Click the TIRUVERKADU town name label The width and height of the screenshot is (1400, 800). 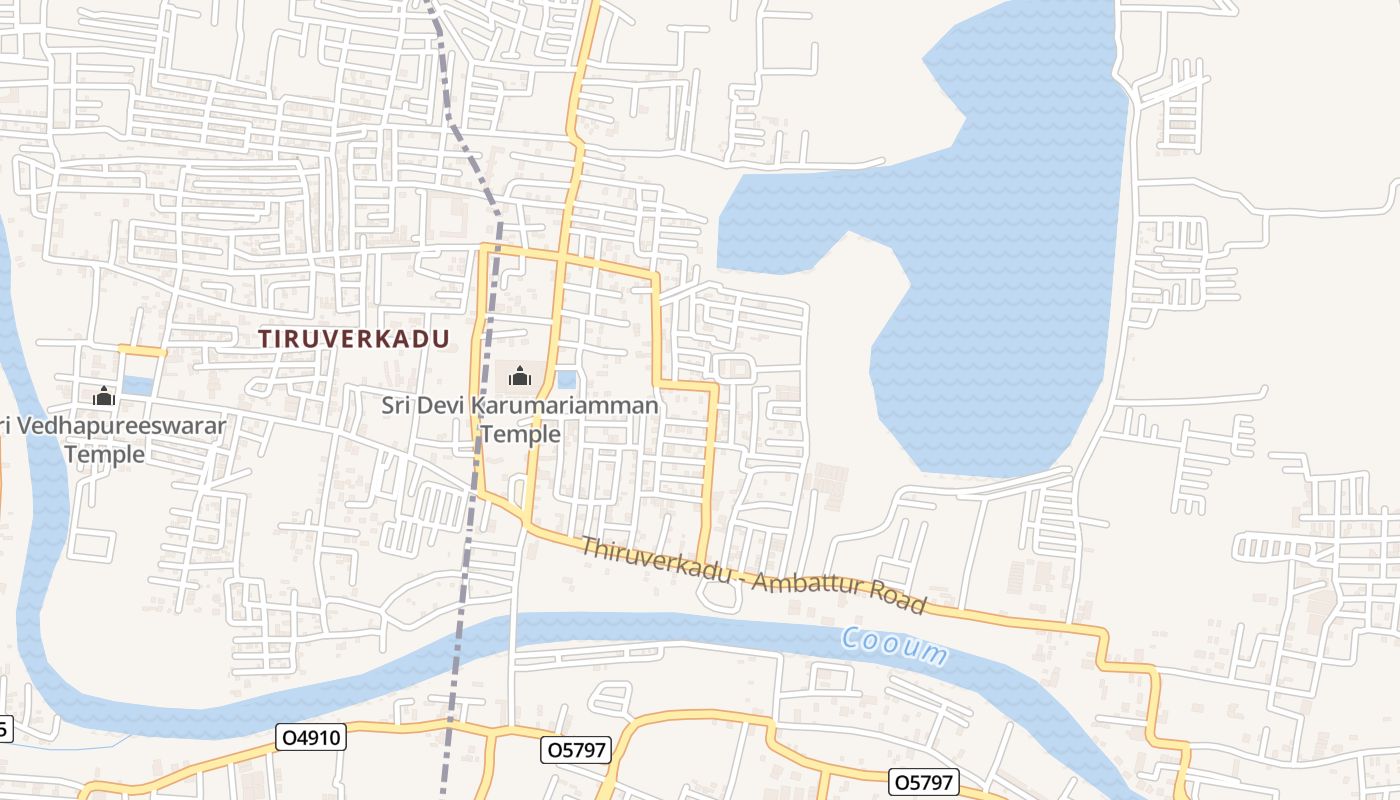354,339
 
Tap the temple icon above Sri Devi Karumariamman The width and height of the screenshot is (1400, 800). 520,377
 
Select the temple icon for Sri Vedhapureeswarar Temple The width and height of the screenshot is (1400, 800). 104,396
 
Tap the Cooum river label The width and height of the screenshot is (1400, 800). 894,646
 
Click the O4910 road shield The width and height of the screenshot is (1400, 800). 311,738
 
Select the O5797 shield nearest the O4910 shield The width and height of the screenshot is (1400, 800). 576,749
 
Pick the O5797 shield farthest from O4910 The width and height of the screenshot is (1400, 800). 924,781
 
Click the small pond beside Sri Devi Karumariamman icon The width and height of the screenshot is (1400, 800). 566,380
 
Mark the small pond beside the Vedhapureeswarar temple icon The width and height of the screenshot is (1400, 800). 138,386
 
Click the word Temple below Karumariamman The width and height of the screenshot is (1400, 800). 520,434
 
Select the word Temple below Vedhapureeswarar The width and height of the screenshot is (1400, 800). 104,455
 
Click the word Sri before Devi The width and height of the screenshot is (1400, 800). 397,406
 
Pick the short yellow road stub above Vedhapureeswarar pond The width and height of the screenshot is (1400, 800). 141,350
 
